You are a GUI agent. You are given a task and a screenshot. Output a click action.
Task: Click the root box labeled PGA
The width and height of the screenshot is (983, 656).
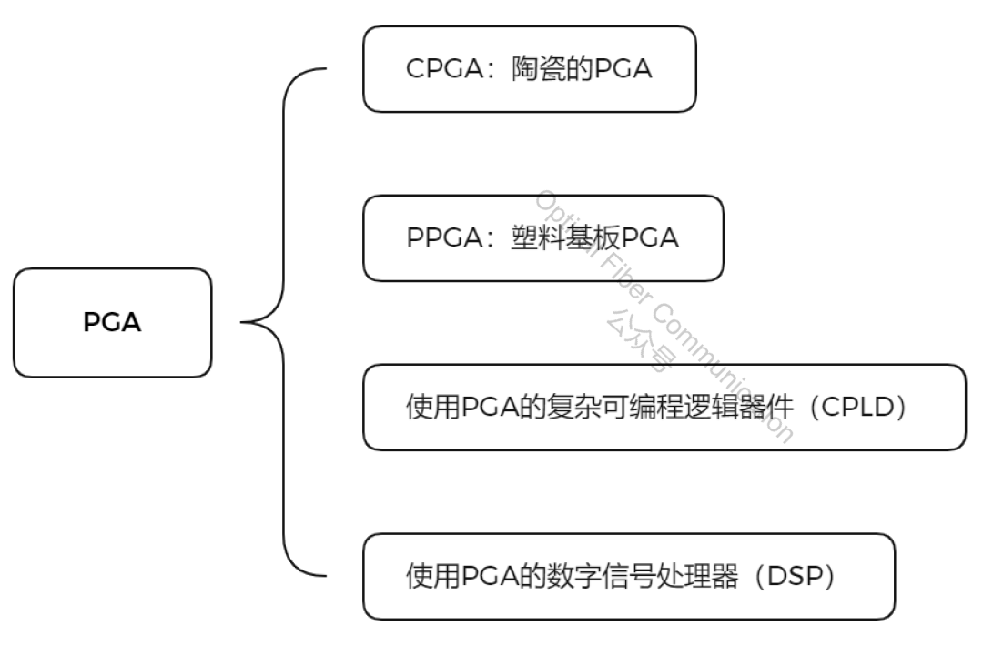pos(112,323)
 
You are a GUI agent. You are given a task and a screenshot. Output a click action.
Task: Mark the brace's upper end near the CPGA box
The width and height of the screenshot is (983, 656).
pos(322,69)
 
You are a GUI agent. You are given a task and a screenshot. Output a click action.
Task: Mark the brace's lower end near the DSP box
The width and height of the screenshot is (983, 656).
pos(322,576)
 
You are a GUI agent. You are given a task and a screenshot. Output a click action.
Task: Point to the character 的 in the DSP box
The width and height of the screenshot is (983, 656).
pos(534,577)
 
